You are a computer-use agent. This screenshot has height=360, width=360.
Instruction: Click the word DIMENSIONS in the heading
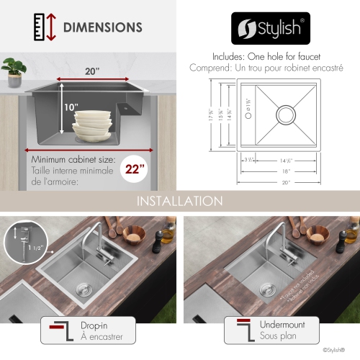pyautogui.click(x=103, y=28)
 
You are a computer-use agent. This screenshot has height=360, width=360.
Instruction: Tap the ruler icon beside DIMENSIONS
pyautogui.click(x=38, y=28)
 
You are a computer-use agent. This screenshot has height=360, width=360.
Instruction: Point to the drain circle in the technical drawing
pyautogui.click(x=285, y=114)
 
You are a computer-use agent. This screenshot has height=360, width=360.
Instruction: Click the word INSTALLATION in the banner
pyautogui.click(x=179, y=200)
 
